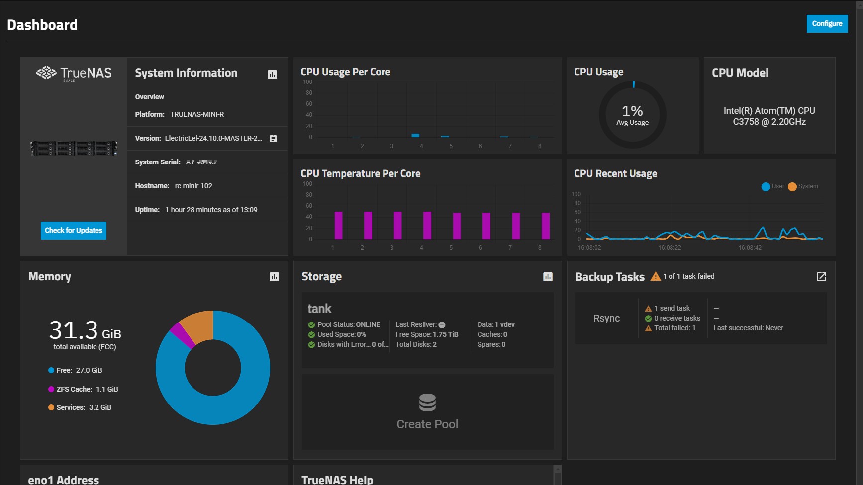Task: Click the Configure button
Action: pyautogui.click(x=827, y=23)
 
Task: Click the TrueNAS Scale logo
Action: pyautogui.click(x=74, y=74)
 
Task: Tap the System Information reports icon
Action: pyautogui.click(x=272, y=75)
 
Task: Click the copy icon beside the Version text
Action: pyautogui.click(x=273, y=139)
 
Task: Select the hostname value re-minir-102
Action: pyautogui.click(x=193, y=186)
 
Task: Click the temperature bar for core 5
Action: pyautogui.click(x=457, y=226)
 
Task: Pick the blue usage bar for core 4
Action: pyautogui.click(x=415, y=135)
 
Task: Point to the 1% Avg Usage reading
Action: pyautogui.click(x=632, y=115)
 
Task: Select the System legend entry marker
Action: pyautogui.click(x=792, y=187)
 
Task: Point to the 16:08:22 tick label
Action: pyautogui.click(x=670, y=247)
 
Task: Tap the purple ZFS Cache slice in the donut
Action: pyautogui.click(x=182, y=335)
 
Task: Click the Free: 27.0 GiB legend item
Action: pyautogui.click(x=75, y=370)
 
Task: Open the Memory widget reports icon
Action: pyautogui.click(x=274, y=277)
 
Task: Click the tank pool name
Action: pyautogui.click(x=319, y=309)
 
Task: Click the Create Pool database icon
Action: pyautogui.click(x=427, y=403)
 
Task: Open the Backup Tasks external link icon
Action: pyautogui.click(x=821, y=277)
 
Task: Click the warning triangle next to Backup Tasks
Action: pyautogui.click(x=656, y=276)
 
